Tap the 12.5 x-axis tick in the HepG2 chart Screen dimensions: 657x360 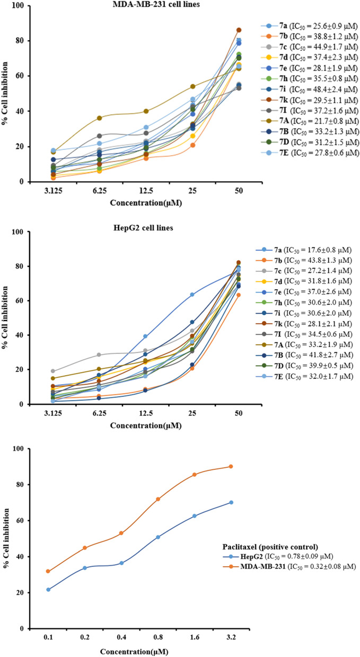pyautogui.click(x=141, y=414)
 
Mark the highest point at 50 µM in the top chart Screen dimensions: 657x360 pyautogui.click(x=239, y=30)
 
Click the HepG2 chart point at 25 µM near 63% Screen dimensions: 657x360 pyautogui.click(x=191, y=295)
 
